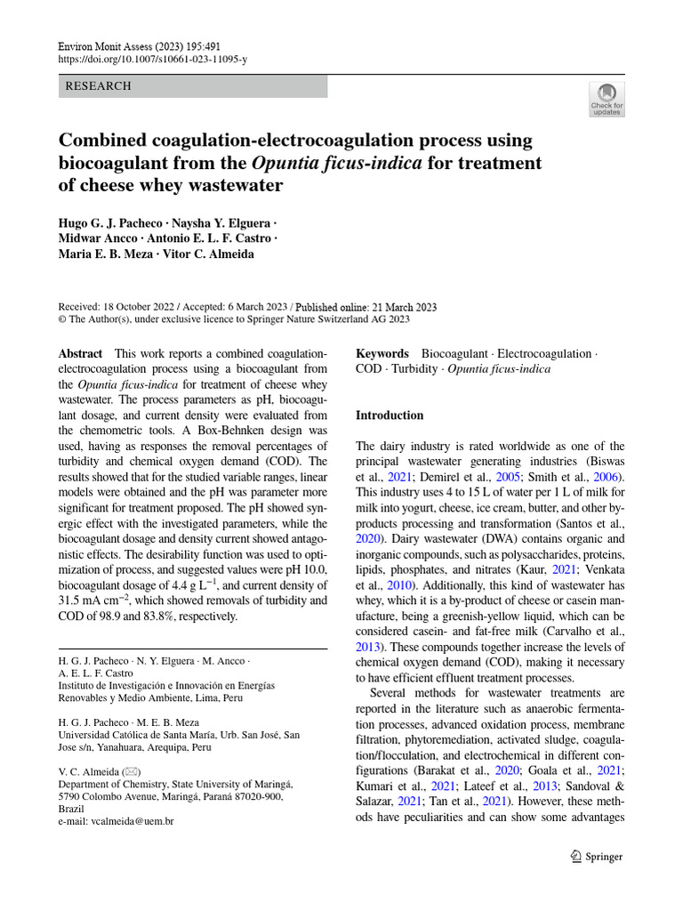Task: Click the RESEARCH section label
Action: pyautogui.click(x=99, y=86)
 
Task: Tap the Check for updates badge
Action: pyautogui.click(x=607, y=100)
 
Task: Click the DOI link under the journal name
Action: pyautogui.click(x=152, y=59)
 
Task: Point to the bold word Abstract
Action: pyautogui.click(x=80, y=353)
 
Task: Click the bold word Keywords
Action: pyautogui.click(x=382, y=353)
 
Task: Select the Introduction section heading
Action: pyautogui.click(x=390, y=415)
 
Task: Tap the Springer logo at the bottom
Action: pyautogui.click(x=595, y=856)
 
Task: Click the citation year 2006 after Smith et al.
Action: pyautogui.click(x=608, y=477)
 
